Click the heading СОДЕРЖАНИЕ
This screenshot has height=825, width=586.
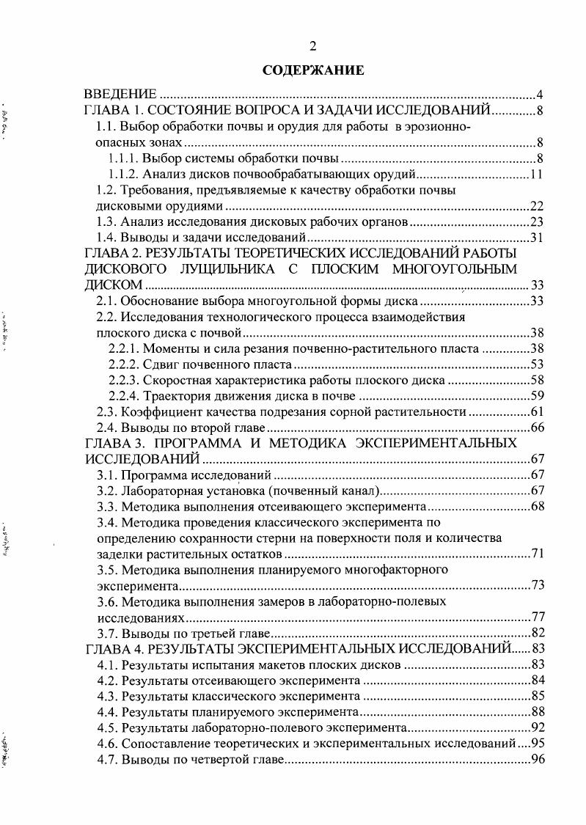click(313, 71)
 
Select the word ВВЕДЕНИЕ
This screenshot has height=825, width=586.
click(120, 95)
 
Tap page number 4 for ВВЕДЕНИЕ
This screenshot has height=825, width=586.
click(539, 95)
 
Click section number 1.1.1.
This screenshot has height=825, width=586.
click(124, 158)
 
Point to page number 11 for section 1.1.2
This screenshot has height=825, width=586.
click(535, 175)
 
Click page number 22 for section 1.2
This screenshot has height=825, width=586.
click(535, 206)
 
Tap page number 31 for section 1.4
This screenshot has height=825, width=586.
click(535, 238)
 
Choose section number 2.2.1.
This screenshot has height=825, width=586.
click(124, 349)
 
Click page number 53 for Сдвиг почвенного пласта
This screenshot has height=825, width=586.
click(535, 364)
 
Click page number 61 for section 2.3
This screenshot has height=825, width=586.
click(535, 412)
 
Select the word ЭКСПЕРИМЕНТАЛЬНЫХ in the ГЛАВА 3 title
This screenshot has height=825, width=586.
click(437, 444)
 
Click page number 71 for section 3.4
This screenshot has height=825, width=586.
click(535, 554)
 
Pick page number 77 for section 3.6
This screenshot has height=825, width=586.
click(535, 617)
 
